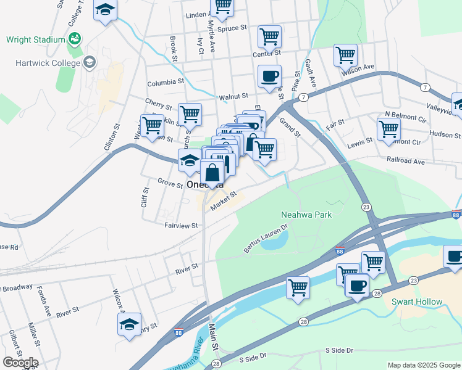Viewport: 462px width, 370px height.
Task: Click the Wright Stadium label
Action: click(35, 39)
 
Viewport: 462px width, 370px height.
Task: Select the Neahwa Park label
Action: click(306, 215)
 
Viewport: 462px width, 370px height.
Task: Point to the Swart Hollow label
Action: click(417, 302)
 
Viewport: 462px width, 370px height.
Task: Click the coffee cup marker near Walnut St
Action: click(269, 76)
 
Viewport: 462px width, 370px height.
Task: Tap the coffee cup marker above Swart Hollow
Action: click(455, 256)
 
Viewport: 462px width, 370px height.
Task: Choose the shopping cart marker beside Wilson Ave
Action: click(345, 55)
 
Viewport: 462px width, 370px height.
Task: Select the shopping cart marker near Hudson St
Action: click(388, 129)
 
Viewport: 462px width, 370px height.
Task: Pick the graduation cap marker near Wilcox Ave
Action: click(129, 324)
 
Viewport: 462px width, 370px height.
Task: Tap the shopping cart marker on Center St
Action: click(269, 37)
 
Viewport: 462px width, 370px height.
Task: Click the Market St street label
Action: click(223, 201)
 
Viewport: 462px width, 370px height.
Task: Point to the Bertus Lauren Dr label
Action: click(266, 239)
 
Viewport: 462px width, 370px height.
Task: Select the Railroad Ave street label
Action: click(406, 161)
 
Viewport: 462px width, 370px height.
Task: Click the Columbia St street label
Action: click(165, 82)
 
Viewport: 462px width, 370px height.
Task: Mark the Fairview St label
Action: click(180, 226)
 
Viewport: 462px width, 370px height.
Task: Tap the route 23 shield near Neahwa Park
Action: click(366, 207)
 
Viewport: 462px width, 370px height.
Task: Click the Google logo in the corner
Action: click(20, 362)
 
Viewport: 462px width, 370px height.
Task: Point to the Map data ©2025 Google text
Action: click(423, 365)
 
